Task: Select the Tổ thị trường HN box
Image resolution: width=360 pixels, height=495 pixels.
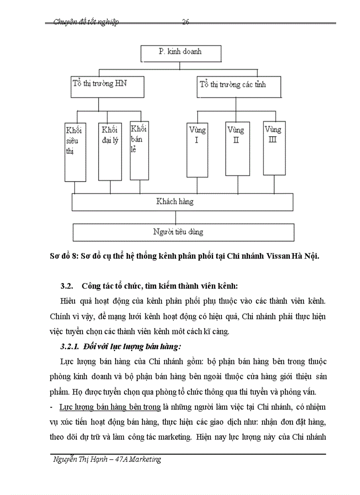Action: pos(107,86)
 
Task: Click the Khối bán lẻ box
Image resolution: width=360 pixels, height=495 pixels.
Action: pos(139,150)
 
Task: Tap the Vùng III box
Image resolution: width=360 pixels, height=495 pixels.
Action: pos(274,148)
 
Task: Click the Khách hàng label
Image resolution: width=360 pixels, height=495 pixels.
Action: pos(175,202)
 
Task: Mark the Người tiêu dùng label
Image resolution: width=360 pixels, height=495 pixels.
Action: pos(178,231)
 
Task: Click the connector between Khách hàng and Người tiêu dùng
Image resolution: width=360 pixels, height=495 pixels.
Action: pos(176,217)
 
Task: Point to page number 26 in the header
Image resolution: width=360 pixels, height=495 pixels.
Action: pos(186,22)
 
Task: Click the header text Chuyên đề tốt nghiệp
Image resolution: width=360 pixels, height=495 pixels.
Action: pos(86,22)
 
